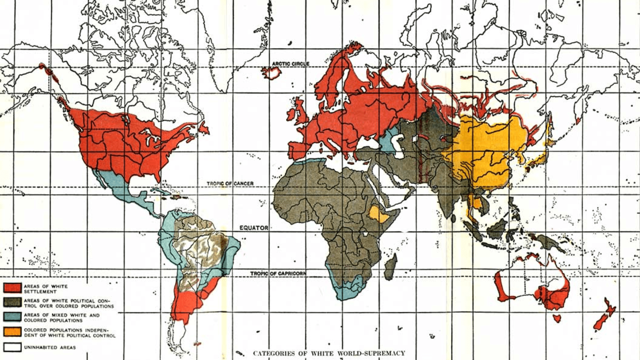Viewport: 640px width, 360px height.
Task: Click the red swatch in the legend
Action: (x=12, y=288)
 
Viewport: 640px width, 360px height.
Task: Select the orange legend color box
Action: (x=12, y=332)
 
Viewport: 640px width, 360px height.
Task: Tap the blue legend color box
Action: (x=12, y=316)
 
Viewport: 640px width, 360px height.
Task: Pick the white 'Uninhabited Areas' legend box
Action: (x=12, y=347)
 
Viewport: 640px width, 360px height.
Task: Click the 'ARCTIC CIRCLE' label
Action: (x=290, y=64)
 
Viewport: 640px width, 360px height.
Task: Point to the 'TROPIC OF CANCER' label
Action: (x=230, y=184)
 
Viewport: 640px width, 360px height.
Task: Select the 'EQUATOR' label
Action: (x=253, y=228)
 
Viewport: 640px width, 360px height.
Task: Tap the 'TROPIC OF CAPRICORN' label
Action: (x=278, y=273)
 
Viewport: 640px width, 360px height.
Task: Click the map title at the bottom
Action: (x=329, y=353)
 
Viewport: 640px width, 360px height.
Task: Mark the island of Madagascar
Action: (x=390, y=267)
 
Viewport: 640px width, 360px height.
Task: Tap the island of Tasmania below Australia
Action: (x=557, y=319)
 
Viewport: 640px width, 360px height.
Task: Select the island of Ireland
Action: (x=292, y=114)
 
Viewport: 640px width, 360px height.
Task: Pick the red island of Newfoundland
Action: (x=204, y=128)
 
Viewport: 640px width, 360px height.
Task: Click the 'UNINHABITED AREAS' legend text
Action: (x=50, y=347)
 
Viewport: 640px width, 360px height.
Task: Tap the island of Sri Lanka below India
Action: (x=453, y=218)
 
